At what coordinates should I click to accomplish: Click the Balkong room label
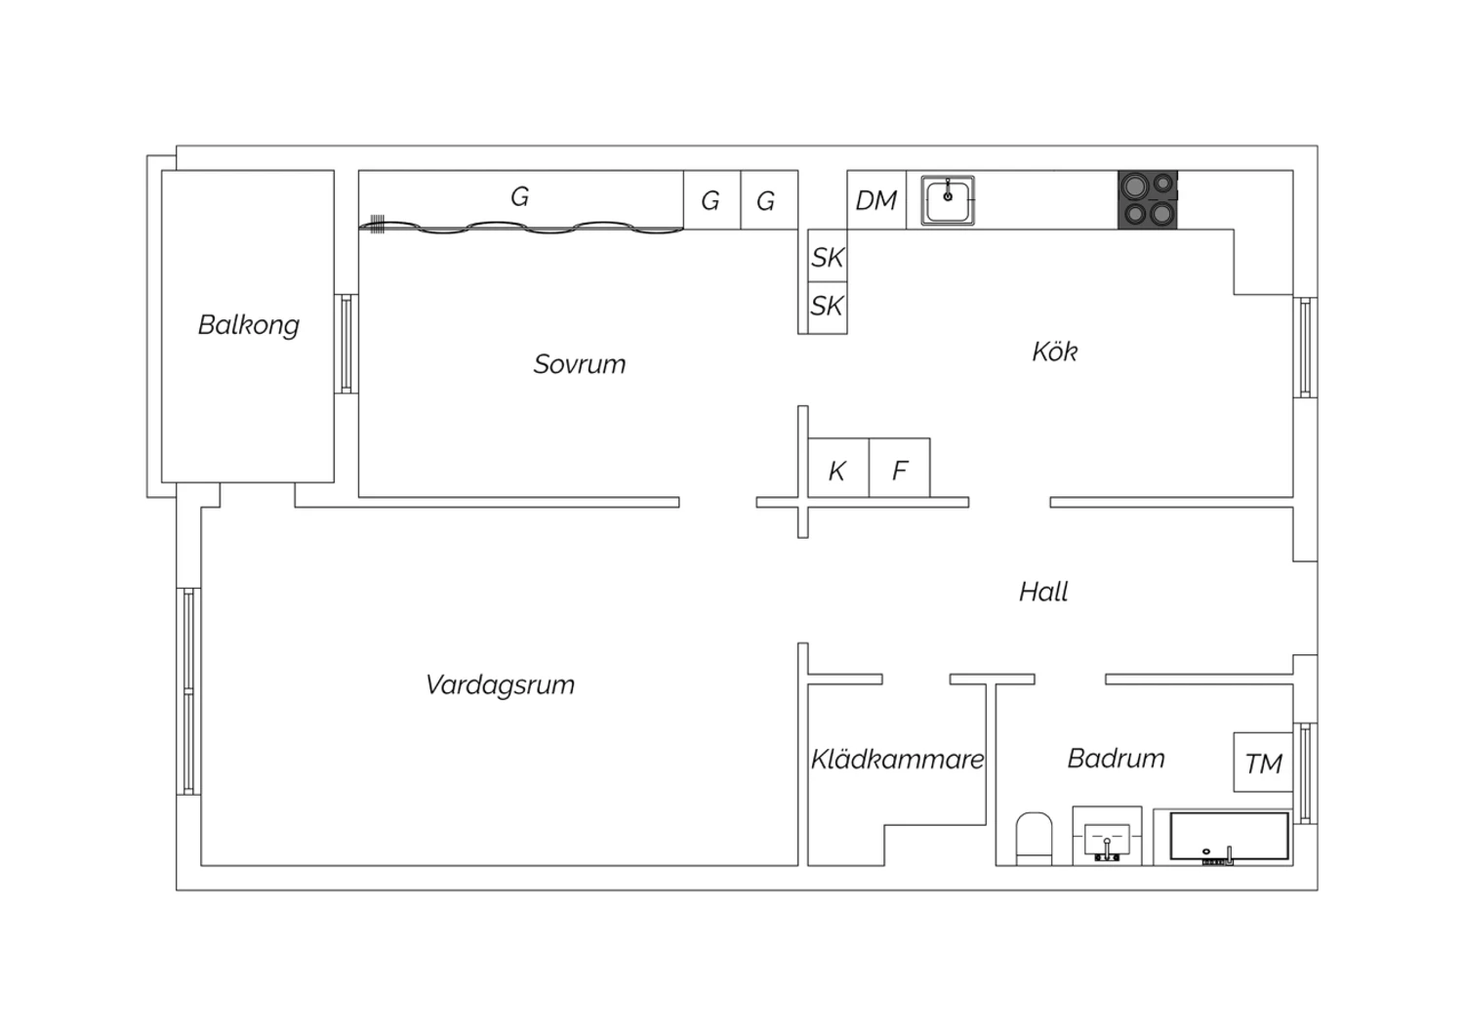[248, 325]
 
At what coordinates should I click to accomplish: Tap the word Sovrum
[580, 364]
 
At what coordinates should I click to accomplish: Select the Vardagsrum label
[500, 685]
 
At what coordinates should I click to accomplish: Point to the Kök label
[1055, 352]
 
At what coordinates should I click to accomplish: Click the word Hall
[1043, 592]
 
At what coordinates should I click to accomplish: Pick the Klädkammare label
[897, 759]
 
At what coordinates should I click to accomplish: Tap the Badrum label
[1117, 759]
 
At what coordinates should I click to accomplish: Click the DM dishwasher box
[876, 199]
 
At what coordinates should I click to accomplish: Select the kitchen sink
[948, 200]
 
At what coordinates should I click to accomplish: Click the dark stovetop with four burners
[1148, 199]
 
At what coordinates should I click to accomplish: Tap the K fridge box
[838, 468]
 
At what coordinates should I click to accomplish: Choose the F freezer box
[899, 468]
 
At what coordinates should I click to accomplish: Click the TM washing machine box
[1263, 763]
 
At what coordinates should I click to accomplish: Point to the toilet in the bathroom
[1034, 839]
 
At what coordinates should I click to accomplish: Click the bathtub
[1230, 838]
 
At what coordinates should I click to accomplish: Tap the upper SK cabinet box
[828, 256]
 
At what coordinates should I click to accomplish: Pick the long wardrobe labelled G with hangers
[521, 200]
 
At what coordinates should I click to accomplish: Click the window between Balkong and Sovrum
[346, 344]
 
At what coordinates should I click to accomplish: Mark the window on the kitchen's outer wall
[1305, 348]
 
